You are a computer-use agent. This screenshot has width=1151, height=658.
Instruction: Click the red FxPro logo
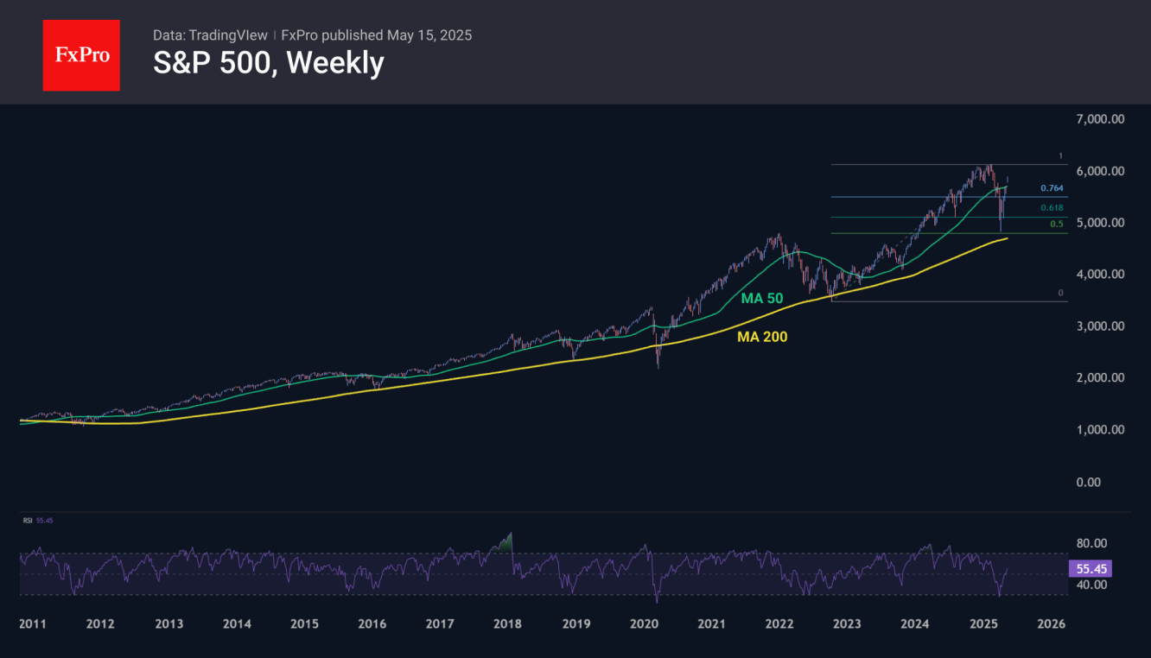pyautogui.click(x=81, y=55)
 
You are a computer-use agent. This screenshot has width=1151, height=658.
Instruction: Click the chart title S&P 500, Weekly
pyautogui.click(x=268, y=63)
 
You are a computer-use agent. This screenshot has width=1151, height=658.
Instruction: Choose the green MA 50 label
pyautogui.click(x=762, y=298)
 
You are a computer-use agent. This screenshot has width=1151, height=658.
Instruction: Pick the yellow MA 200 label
pyautogui.click(x=762, y=337)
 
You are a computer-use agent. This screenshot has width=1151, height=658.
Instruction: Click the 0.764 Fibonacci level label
pyautogui.click(x=1052, y=188)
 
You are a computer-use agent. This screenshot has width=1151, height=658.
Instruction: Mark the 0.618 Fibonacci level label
pyautogui.click(x=1052, y=207)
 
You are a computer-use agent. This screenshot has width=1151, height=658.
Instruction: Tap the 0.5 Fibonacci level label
pyautogui.click(x=1056, y=225)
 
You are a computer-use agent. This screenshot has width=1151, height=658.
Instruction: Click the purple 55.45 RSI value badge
pyautogui.click(x=1089, y=569)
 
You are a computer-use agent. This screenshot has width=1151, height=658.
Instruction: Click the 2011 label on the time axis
pyautogui.click(x=33, y=624)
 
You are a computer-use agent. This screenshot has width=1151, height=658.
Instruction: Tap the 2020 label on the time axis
pyautogui.click(x=644, y=624)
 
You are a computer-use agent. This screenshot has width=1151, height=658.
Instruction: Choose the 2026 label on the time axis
pyautogui.click(x=1051, y=624)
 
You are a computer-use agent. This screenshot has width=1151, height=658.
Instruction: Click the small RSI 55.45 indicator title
pyautogui.click(x=37, y=521)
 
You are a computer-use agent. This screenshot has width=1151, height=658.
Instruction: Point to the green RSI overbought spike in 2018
pyautogui.click(x=506, y=542)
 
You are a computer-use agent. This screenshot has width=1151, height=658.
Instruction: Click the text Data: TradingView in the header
pyautogui.click(x=210, y=35)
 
